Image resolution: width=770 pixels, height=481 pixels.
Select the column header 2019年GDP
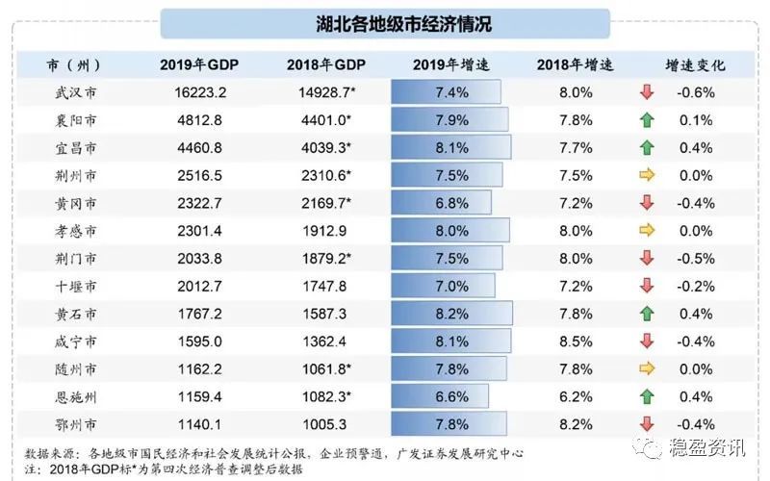click(199, 65)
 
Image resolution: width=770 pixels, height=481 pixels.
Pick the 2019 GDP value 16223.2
click(200, 93)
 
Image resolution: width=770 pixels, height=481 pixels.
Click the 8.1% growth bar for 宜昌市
click(450, 148)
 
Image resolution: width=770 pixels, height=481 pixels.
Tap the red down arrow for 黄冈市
click(647, 203)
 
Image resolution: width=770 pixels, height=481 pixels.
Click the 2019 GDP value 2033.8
click(200, 259)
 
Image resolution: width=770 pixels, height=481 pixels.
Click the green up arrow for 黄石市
click(647, 314)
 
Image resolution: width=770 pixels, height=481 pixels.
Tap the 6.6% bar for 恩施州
click(440, 396)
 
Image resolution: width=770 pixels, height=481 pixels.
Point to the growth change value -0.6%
click(695, 93)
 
